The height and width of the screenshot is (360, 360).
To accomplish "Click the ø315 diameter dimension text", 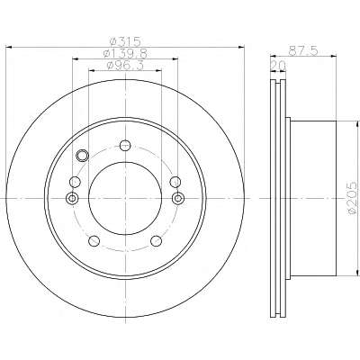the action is [x=125, y=41].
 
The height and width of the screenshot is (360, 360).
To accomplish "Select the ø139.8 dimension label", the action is [x=125, y=54].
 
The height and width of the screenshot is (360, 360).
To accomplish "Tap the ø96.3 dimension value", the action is [x=125, y=65].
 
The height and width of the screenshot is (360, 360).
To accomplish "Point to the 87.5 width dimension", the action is [x=303, y=50].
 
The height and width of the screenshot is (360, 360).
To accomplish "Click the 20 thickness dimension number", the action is [x=278, y=65].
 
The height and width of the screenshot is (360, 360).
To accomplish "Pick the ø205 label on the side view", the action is [x=353, y=197].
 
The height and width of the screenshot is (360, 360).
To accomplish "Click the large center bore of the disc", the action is [x=125, y=198].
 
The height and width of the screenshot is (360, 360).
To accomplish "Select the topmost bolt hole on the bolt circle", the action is [x=125, y=146].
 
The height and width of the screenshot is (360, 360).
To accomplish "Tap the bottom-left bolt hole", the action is [x=94, y=240].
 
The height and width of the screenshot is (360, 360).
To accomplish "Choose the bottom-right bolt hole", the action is [x=156, y=240].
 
